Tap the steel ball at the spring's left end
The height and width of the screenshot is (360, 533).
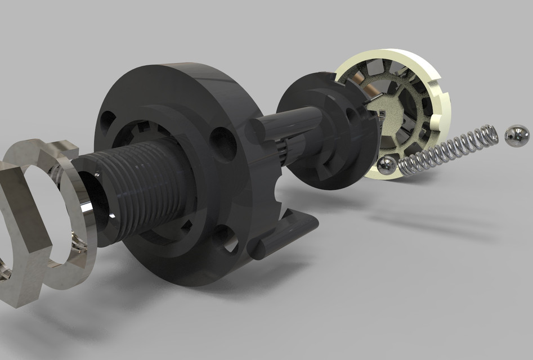pyautogui.click(x=386, y=166)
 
